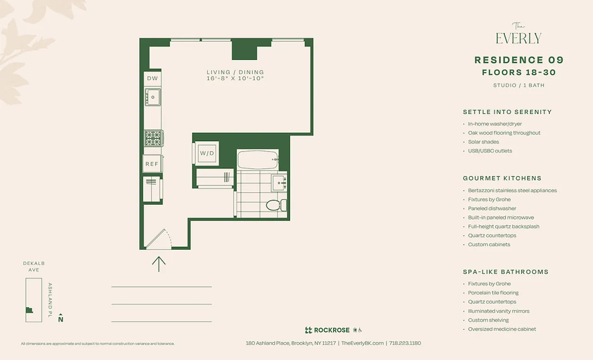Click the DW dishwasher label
pos(153,79)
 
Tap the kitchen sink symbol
pos(153,97)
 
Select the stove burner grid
pos(153,137)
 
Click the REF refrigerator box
pos(152,164)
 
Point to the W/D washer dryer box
pos(207,153)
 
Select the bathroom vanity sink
pos(279,183)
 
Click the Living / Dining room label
pos(235,72)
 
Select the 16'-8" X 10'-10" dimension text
pos(235,79)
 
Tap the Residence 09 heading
pos(519,60)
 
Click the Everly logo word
pos(518,39)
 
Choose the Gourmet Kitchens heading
pos(502,178)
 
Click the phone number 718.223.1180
pos(405,343)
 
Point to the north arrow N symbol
pos(61,318)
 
